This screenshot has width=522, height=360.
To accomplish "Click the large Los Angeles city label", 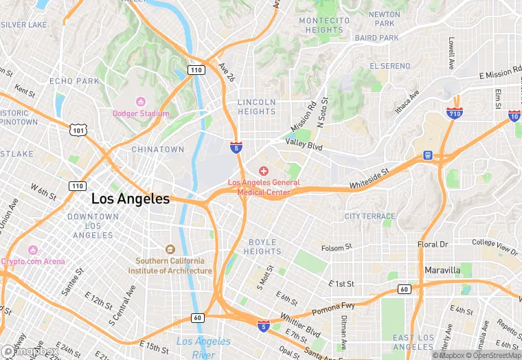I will (x=130, y=199).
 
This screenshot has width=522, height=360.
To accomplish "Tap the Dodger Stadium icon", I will (x=141, y=102).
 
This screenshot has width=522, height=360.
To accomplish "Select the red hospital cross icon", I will (x=263, y=171).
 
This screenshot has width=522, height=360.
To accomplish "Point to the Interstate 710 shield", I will (x=454, y=113).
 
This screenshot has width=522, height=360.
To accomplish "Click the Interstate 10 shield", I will (x=514, y=116).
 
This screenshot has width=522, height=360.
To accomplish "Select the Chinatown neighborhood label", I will (x=158, y=149).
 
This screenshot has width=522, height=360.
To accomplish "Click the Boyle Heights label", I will (x=262, y=247).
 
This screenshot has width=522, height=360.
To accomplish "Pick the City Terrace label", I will (x=370, y=216).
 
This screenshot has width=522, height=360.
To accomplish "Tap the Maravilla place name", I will (x=442, y=270).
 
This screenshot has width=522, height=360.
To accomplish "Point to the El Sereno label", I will (x=389, y=66).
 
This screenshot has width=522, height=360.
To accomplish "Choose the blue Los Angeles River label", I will (x=203, y=348).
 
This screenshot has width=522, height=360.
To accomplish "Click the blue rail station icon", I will (x=428, y=155).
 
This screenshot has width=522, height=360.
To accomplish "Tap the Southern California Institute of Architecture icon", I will (x=170, y=249).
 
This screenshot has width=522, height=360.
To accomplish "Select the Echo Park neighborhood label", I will (x=75, y=81).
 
